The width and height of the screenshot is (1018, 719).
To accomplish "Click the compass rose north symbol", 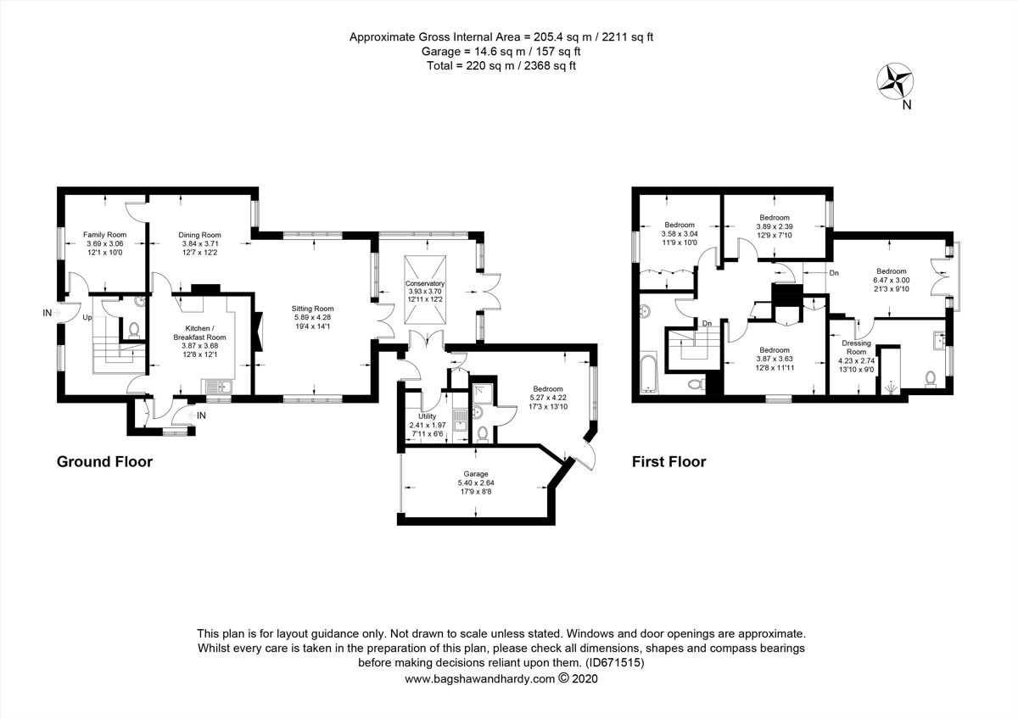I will coord(894,82).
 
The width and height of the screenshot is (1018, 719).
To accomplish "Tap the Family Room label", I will coord(104,234).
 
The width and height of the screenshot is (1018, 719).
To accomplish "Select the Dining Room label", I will coord(199,235).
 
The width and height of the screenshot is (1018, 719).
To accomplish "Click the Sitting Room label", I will coord(313,309).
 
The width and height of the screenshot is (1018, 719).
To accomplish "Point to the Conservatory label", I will coord(425,283).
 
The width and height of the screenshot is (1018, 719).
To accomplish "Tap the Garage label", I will coord(476,474).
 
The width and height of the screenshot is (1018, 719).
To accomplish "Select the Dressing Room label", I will coord(855,347).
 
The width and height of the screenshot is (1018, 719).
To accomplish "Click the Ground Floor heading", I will coord(104,462).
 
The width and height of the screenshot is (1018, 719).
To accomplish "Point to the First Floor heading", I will coord(668,462).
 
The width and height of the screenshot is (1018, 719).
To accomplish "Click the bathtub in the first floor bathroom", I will coord(649,373).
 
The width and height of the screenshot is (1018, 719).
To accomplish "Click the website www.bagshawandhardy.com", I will coord(479,678).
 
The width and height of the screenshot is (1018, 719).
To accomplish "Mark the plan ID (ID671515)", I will coord(612,663).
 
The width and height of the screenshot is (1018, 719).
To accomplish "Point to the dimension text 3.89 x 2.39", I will coord(774,226).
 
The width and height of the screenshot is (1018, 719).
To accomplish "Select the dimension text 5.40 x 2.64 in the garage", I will coord(476,483).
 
